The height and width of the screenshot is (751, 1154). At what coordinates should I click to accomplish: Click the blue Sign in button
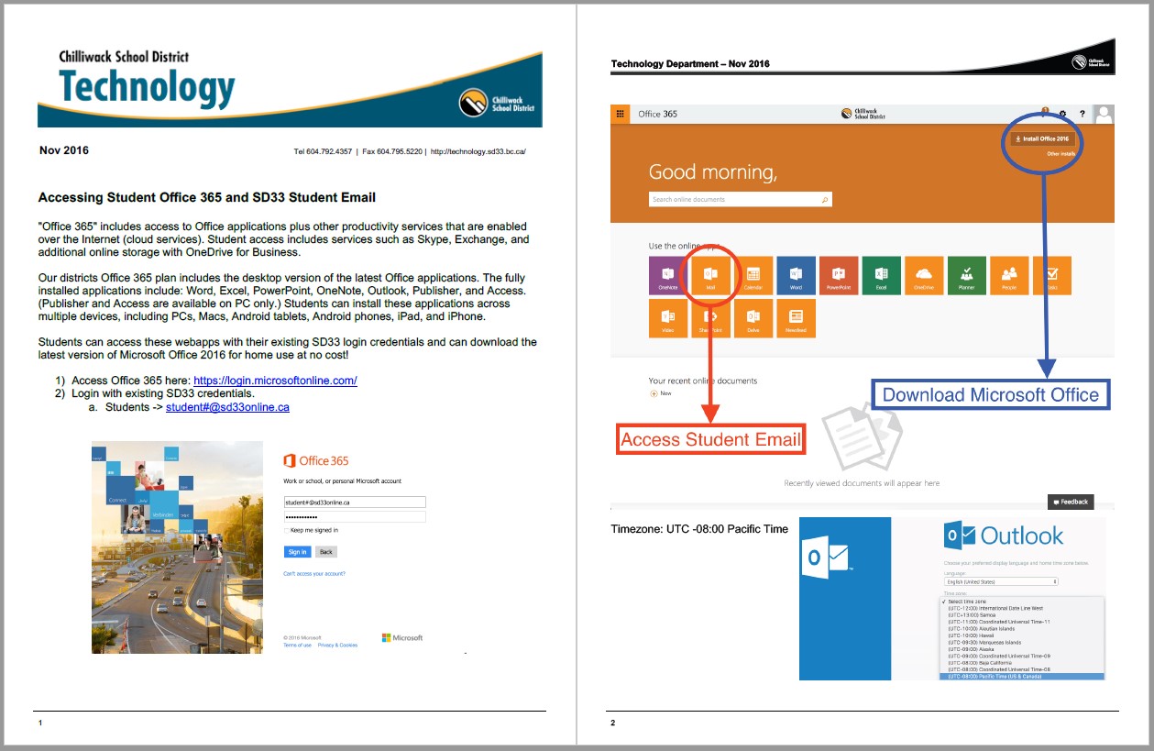[297, 552]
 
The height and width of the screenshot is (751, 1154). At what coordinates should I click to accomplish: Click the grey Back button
[325, 552]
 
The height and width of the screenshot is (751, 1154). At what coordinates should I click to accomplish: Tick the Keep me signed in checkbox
[286, 530]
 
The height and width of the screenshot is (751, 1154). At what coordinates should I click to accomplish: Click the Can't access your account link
[314, 574]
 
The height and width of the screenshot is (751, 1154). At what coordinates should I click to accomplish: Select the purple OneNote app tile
[667, 276]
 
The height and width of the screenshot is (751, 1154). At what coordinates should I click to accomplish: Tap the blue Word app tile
[796, 276]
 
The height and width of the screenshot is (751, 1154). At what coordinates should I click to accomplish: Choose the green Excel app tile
[881, 276]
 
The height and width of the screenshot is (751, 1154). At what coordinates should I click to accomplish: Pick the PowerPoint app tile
[839, 276]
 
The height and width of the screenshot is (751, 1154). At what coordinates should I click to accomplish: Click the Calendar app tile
[753, 276]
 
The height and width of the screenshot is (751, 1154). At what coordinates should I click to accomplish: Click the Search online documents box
[740, 199]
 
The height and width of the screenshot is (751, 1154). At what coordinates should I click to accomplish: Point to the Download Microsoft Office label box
[990, 395]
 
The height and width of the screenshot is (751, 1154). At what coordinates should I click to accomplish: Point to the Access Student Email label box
[711, 439]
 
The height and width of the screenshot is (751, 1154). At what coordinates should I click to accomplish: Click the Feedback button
[1071, 502]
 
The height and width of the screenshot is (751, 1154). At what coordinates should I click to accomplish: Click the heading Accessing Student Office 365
[206, 197]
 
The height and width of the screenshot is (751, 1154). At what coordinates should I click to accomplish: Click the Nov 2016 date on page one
[64, 150]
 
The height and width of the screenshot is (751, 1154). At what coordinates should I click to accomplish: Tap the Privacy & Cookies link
[337, 646]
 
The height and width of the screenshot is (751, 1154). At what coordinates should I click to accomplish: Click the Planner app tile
[966, 276]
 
